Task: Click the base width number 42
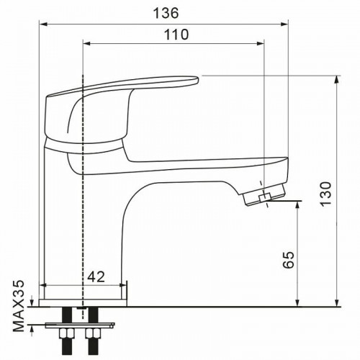click(97, 275)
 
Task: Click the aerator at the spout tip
click(266, 194)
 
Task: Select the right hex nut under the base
click(93, 333)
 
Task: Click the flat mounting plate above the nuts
click(78, 323)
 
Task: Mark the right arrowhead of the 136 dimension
click(285, 22)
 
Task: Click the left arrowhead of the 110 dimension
click(88, 43)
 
